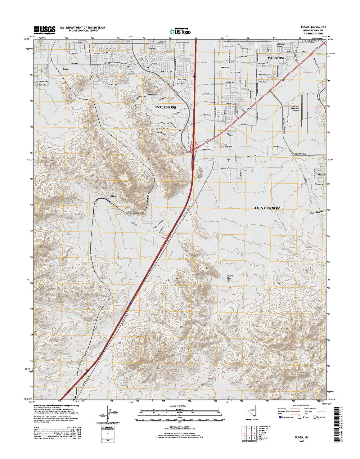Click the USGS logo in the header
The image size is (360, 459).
coord(44,29)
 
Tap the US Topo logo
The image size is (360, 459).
coord(180,31)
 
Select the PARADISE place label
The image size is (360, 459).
coord(277,58)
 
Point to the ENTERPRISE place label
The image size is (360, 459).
coord(165,107)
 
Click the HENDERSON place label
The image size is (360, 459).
coord(267,208)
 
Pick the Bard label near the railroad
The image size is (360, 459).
coord(65,69)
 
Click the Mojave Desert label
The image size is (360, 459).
coord(230,277)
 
